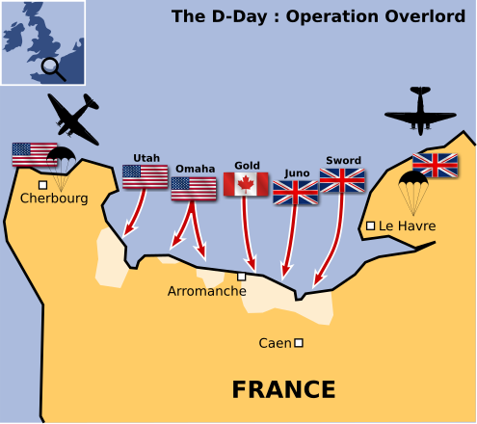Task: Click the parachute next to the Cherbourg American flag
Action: [63, 164]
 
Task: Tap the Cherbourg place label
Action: [54, 199]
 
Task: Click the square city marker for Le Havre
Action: [371, 226]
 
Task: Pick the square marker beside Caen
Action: [299, 342]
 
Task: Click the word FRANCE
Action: [284, 389]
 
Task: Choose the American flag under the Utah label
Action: [145, 176]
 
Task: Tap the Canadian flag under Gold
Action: [246, 184]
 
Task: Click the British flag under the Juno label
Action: [296, 193]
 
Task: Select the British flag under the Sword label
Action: [342, 180]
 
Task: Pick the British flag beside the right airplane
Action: [436, 165]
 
